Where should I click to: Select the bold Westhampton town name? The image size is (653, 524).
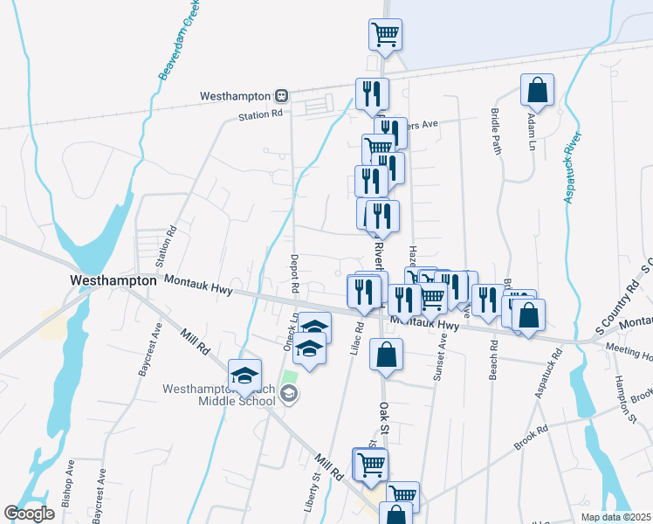pos(113,281)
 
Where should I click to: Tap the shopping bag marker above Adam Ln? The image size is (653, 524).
pos(538,89)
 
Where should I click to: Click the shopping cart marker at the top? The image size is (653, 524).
pos(385,35)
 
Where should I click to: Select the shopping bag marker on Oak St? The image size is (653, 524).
pos(385,355)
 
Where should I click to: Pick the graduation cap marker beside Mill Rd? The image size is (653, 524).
pos(245,375)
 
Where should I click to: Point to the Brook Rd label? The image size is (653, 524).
pos(531,438)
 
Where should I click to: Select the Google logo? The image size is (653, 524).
pos(29,514)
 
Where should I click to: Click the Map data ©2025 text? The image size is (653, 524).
pos(615,517)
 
